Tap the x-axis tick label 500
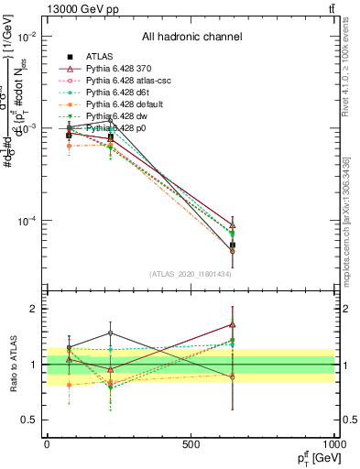[191, 444]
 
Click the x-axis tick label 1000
[333, 444]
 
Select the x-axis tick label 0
[47, 444]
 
